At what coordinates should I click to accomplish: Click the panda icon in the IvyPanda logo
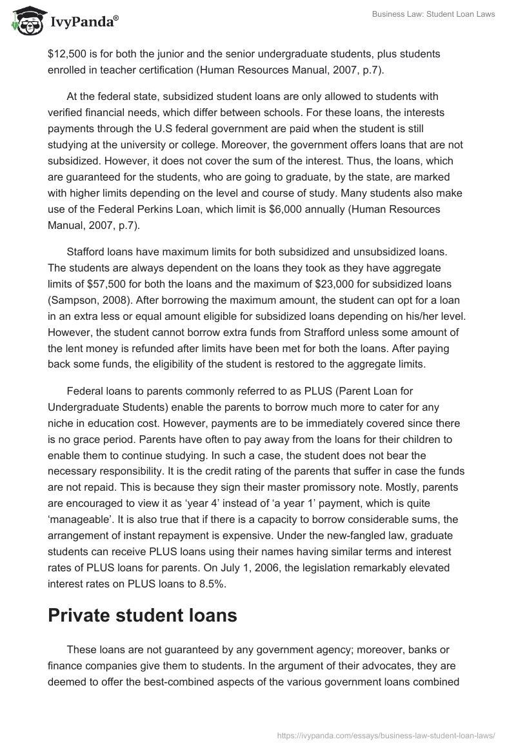coord(25,21)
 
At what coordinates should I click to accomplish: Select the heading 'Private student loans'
coord(143,615)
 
